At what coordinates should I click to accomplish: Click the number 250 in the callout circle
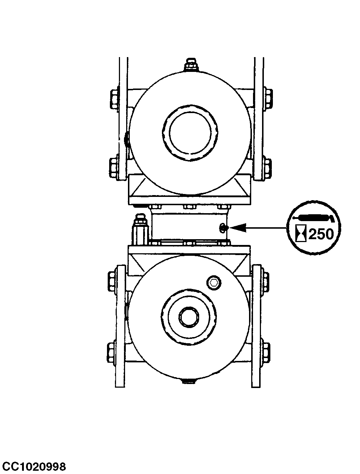[321, 234]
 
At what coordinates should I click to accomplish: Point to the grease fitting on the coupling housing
[223, 227]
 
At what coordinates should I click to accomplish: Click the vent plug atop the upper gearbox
[191, 65]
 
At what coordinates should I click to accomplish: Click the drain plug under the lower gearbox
[189, 380]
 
